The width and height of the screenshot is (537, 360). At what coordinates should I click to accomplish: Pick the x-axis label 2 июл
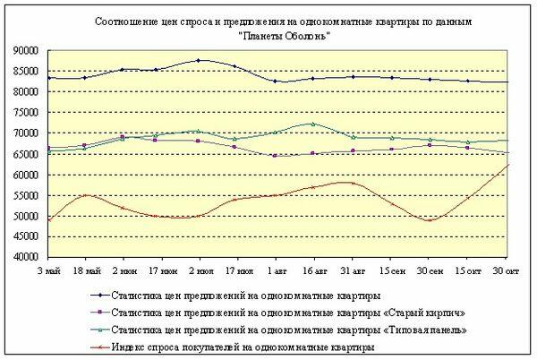[x=199, y=270]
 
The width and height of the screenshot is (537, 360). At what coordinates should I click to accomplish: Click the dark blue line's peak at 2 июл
[x=199, y=61]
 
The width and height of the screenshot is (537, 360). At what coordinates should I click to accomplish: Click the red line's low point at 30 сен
[x=429, y=220]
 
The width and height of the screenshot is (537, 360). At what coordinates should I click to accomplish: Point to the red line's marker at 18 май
[x=85, y=195]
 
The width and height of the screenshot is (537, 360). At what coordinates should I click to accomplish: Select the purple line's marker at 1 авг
[x=275, y=156]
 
